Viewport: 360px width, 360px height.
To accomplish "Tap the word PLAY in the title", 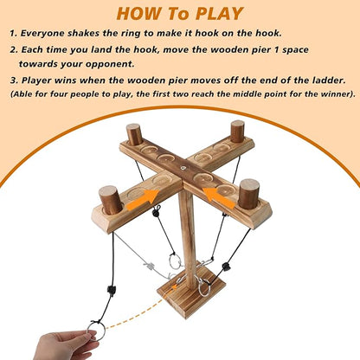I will pos(220,13).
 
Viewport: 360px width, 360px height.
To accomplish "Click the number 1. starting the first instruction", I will pos(15,35).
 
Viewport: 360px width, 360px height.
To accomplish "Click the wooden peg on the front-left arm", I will pos(110,200).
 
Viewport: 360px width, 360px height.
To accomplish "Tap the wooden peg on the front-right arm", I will pos(248,194).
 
